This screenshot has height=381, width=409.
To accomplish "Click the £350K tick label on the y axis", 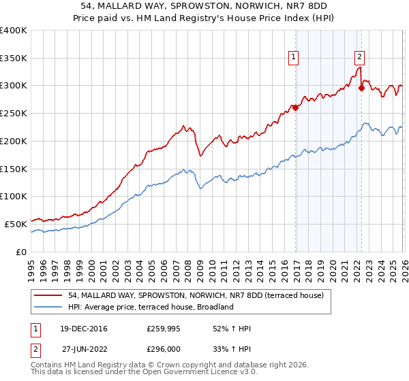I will point(14,59).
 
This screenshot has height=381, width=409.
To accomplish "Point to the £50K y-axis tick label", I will point(16,224).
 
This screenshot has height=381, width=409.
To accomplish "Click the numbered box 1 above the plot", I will point(294,58).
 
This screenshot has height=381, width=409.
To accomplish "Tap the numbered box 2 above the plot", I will point(359,58).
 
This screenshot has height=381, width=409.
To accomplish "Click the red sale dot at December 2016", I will point(296,107).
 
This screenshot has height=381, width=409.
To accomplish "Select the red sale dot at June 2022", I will point(361,87).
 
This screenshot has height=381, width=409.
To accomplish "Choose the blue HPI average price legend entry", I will point(151,307).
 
